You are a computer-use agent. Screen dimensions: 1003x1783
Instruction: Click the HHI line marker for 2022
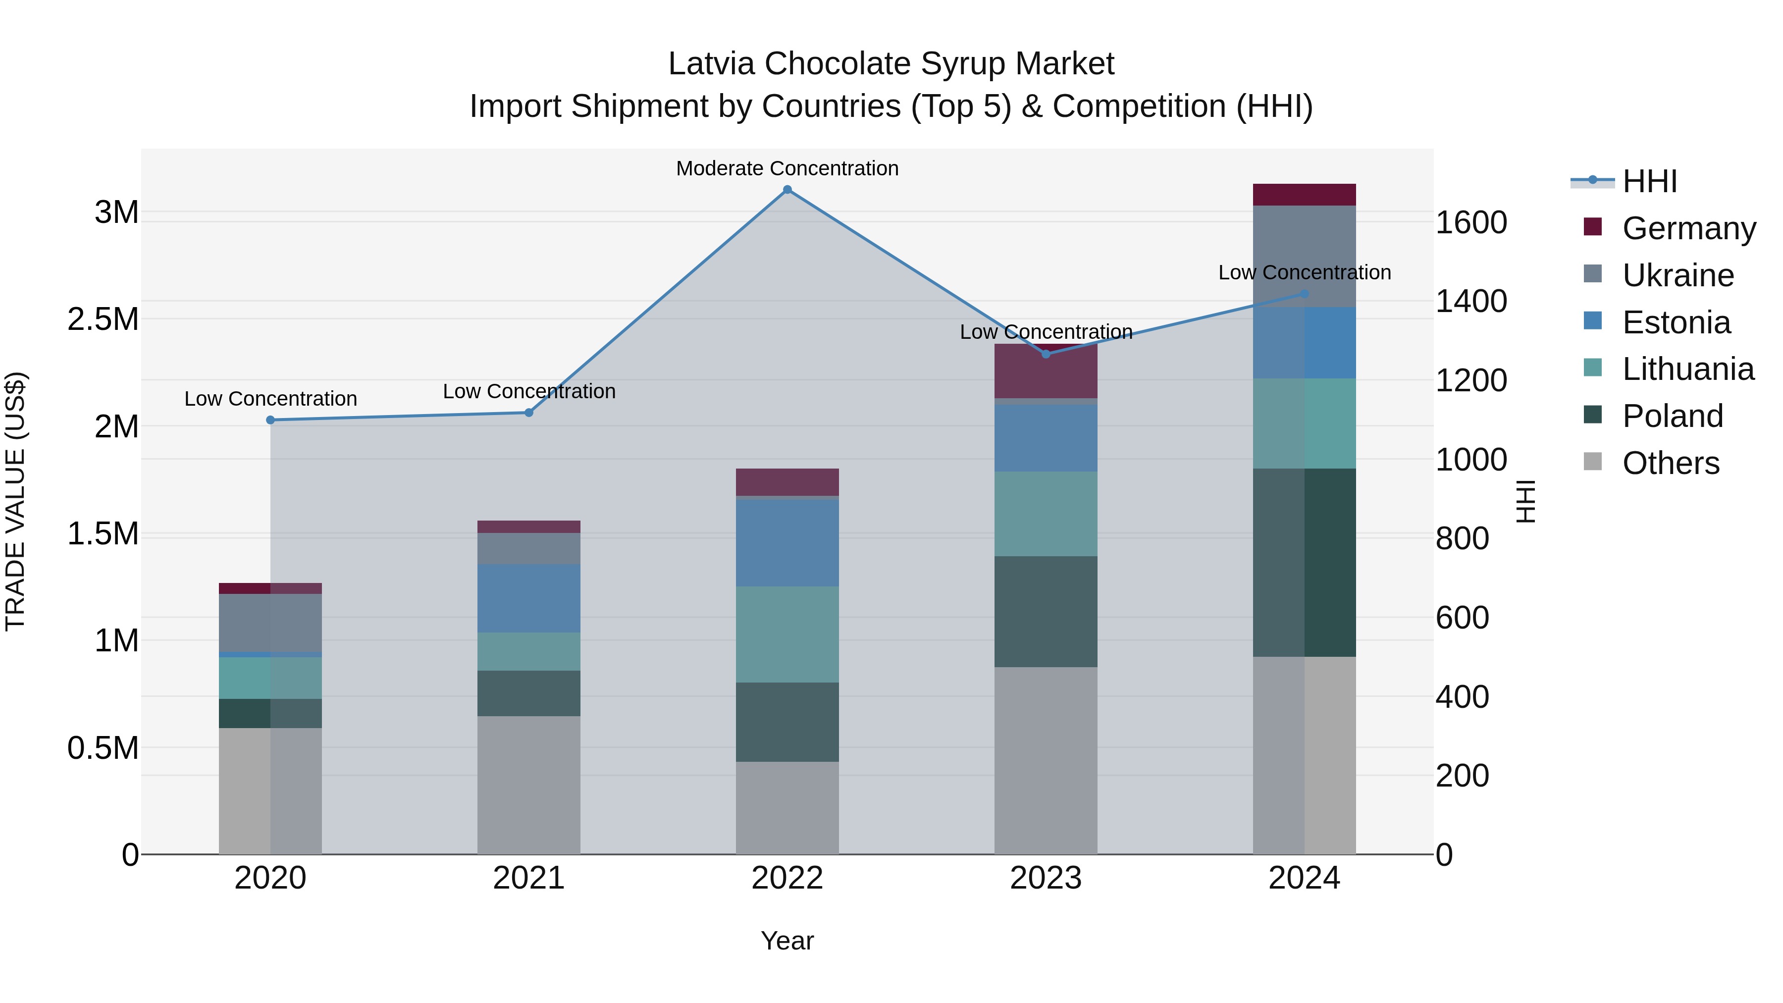tap(787, 190)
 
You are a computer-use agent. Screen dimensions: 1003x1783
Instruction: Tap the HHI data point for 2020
tap(270, 420)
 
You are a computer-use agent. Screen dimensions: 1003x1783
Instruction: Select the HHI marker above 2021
tap(529, 413)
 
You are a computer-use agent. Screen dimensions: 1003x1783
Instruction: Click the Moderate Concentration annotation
tap(787, 168)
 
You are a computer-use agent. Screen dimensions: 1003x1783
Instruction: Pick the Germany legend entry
tap(1688, 228)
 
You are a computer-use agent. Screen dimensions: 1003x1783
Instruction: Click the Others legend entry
tap(1670, 463)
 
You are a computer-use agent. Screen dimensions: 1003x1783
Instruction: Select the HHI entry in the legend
tap(1649, 181)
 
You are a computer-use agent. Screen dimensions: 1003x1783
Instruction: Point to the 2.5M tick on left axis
tap(103, 319)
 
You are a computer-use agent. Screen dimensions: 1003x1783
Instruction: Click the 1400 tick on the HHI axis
tap(1471, 301)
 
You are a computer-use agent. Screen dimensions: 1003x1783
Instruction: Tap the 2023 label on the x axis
tap(1045, 878)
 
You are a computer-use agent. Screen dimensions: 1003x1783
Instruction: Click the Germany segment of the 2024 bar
tap(1304, 195)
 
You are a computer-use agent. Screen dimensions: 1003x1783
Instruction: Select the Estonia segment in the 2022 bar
tap(787, 543)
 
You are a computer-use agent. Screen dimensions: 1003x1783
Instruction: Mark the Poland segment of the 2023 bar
tap(1045, 611)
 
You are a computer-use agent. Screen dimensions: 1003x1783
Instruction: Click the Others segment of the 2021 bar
tap(529, 785)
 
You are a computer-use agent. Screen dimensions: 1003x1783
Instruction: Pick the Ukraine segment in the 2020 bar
tap(270, 622)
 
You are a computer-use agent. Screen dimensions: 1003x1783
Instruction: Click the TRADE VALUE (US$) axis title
tap(15, 501)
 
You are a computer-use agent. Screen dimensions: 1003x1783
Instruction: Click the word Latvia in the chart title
tap(711, 64)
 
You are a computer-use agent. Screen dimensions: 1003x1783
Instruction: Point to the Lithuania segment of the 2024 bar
tap(1304, 423)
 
